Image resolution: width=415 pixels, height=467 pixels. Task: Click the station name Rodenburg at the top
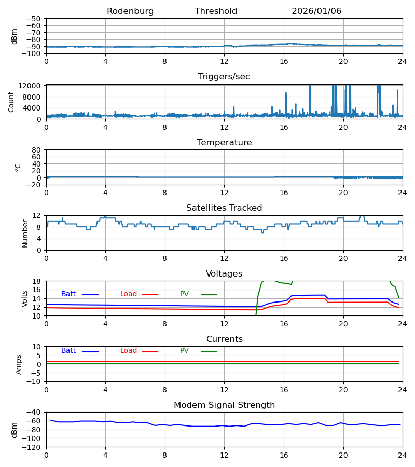130,11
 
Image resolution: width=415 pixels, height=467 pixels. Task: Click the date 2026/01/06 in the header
316,11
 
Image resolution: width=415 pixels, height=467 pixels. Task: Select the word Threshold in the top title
216,11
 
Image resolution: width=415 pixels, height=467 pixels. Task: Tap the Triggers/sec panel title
224,77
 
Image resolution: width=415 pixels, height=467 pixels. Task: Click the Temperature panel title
224,143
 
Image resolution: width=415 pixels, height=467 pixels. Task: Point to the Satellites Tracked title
224,208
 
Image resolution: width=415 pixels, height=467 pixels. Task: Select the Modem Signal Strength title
224,405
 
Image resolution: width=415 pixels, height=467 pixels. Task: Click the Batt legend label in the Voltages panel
68,294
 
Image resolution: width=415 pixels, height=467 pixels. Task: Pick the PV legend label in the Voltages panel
184,294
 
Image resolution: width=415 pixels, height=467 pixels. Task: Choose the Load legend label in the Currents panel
129,351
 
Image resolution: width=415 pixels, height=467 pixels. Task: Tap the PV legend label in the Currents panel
184,351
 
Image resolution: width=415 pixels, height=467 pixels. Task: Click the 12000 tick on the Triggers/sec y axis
32,86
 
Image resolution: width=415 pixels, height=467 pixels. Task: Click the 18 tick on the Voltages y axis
38,281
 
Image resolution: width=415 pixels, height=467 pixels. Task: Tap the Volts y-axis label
25,298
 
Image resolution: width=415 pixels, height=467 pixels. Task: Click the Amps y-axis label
19,364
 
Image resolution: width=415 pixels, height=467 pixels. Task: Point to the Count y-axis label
11,102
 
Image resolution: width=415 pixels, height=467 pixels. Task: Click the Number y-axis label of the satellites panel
25,233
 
